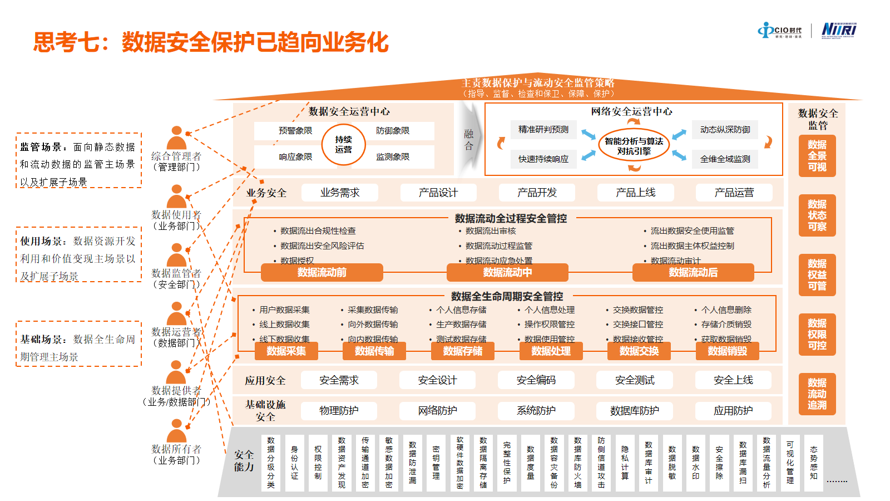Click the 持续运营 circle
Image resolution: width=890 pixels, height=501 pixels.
343,145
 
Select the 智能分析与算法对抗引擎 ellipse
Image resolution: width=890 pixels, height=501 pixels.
634,146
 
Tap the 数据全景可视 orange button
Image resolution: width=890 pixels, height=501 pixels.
817,156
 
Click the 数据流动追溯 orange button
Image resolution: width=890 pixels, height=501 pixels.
817,394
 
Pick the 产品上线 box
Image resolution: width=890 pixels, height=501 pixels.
635,193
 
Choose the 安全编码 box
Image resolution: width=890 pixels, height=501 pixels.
536,380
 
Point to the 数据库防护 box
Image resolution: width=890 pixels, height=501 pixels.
635,411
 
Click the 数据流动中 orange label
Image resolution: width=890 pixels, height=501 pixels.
507,272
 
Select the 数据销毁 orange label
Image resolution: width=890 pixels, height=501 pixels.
727,351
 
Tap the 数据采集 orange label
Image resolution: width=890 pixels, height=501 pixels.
286,351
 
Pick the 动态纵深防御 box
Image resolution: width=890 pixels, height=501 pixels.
725,130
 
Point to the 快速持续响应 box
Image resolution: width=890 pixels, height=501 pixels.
543,159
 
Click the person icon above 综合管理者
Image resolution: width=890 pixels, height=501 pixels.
176,138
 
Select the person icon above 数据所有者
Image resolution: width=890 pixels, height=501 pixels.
176,431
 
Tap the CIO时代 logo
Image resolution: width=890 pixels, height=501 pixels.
780,31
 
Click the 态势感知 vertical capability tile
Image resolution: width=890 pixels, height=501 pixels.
814,463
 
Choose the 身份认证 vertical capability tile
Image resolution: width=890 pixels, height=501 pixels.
294,463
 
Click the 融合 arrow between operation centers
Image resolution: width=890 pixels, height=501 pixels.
469,139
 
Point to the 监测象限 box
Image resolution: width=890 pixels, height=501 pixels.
393,157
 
